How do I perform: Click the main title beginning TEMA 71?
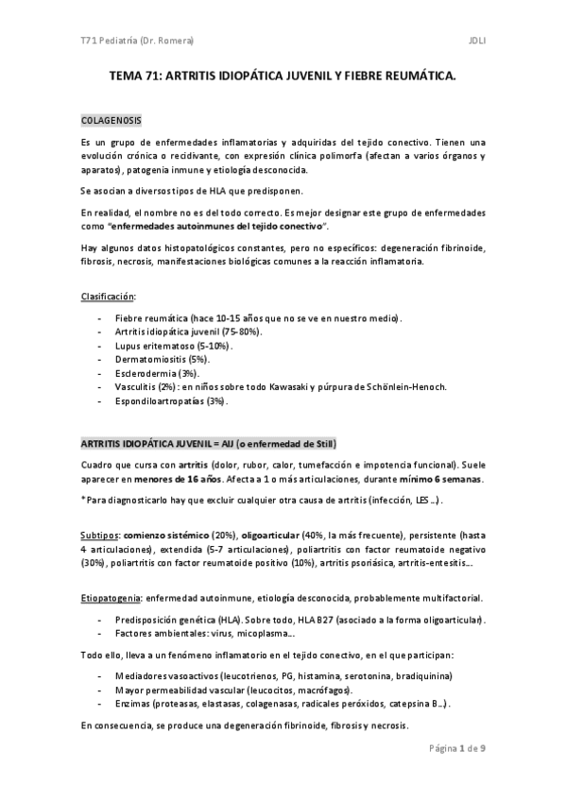point(282,82)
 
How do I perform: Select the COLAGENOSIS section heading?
point(111,123)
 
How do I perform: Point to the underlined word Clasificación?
point(109,298)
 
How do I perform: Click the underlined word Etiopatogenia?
point(111,598)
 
